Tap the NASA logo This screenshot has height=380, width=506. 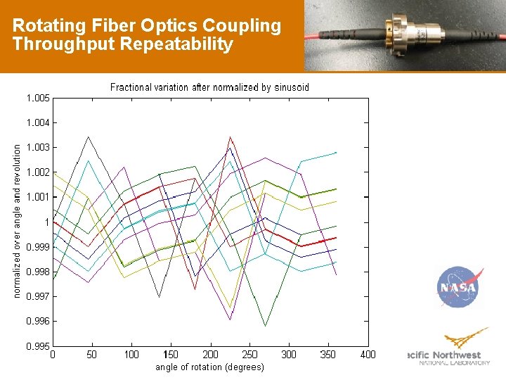[458, 287]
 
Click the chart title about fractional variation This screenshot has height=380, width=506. [209, 87]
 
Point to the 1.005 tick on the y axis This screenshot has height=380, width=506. [38, 98]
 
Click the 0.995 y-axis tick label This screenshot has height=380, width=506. [38, 346]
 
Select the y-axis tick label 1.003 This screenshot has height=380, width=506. [38, 147]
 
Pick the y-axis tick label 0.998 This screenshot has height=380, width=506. [38, 272]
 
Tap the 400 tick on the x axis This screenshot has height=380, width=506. [368, 355]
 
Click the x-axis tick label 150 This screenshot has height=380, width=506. [171, 355]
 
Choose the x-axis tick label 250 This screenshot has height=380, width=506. [249, 355]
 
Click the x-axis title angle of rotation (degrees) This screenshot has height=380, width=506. [209, 367]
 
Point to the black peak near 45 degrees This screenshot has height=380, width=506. [87, 137]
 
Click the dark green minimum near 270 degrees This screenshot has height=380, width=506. [265, 326]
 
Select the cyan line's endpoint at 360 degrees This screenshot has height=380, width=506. [336, 152]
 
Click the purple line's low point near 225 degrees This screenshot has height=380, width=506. [230, 320]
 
